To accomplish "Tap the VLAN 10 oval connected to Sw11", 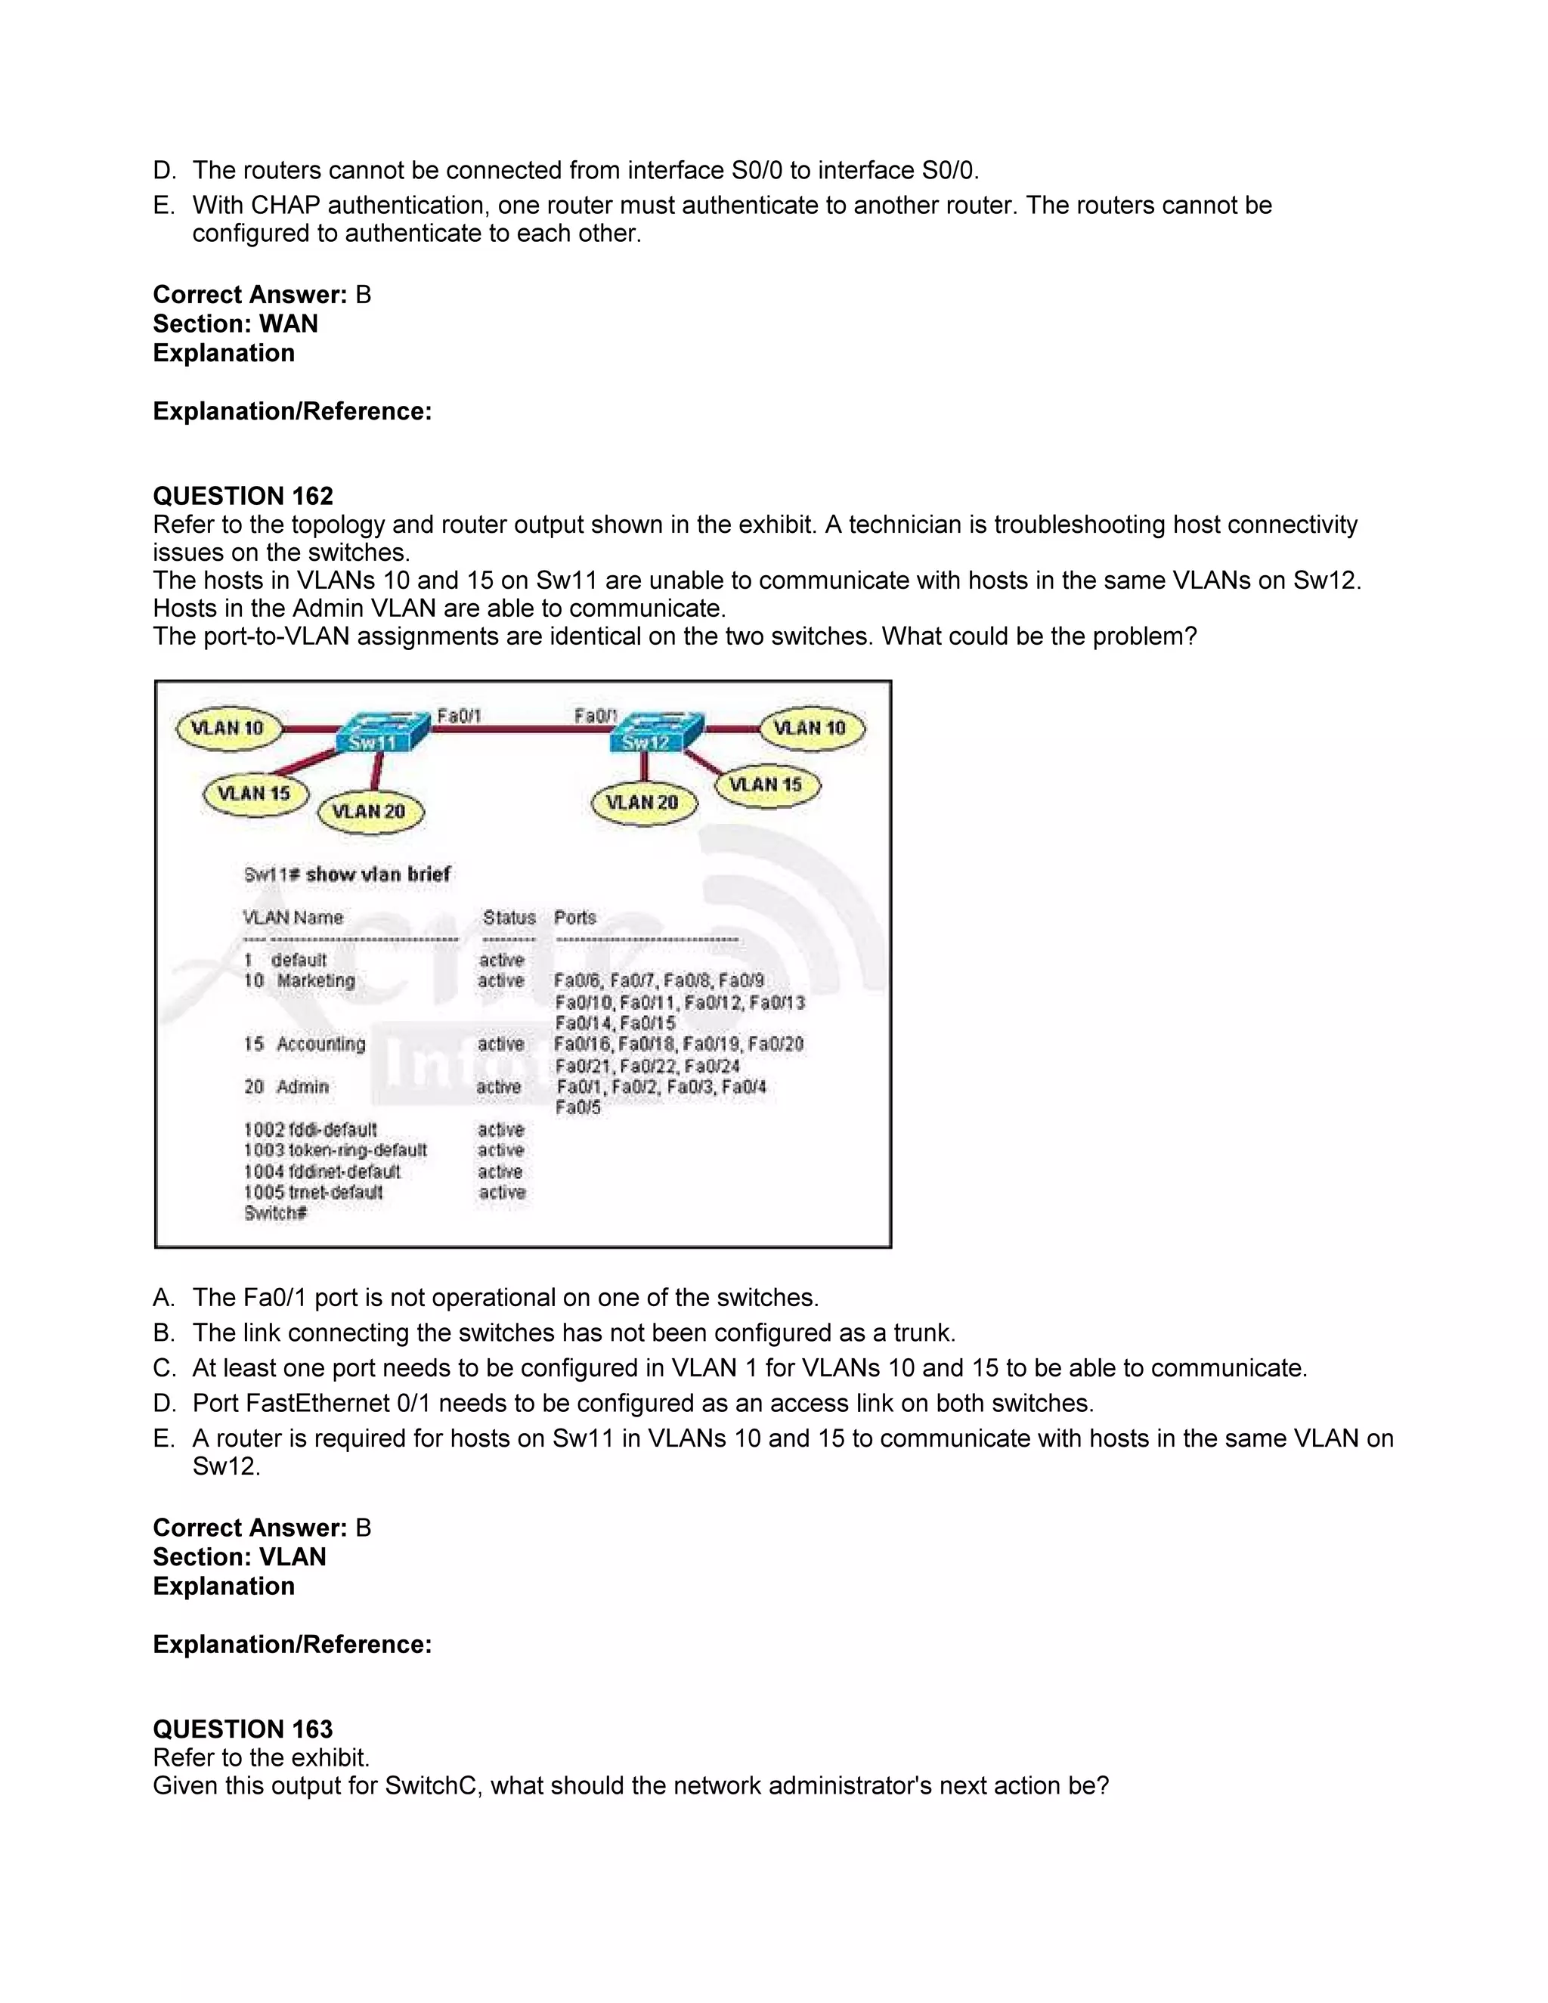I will coord(227,728).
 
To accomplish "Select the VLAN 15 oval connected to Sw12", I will coord(766,785).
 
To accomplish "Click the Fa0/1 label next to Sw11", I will coord(459,715).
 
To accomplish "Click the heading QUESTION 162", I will coord(243,496).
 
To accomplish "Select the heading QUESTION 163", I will coord(243,1729).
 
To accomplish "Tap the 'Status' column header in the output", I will coord(509,917).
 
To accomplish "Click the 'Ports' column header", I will coord(575,917).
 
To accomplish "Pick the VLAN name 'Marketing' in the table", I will coord(317,980).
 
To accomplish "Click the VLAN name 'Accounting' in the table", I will coord(321,1044).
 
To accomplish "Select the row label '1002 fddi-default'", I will coord(310,1129).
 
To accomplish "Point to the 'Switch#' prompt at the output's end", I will coord(275,1213).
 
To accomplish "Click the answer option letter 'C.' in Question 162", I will coord(164,1368).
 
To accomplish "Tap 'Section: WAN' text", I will coord(236,324).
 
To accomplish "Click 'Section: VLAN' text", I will coord(240,1556).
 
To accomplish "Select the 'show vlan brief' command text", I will coord(378,874).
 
